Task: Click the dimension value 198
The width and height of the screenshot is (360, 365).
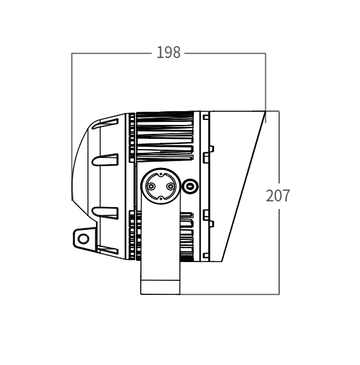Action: point(169,52)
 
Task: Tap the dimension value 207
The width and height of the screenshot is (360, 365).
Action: point(278,196)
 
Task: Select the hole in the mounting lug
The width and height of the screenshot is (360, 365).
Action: point(83,239)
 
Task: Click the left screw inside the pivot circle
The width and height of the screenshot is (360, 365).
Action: point(151,186)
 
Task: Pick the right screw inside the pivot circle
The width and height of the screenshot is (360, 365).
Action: point(171,186)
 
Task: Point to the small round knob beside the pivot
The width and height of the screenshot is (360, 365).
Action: point(191,186)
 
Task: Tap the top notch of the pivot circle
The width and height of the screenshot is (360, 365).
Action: point(160,174)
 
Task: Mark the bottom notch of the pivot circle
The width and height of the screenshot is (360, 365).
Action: point(160,198)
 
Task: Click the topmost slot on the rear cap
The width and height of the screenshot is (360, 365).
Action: point(105,124)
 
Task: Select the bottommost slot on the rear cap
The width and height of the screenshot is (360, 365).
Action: point(107,250)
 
